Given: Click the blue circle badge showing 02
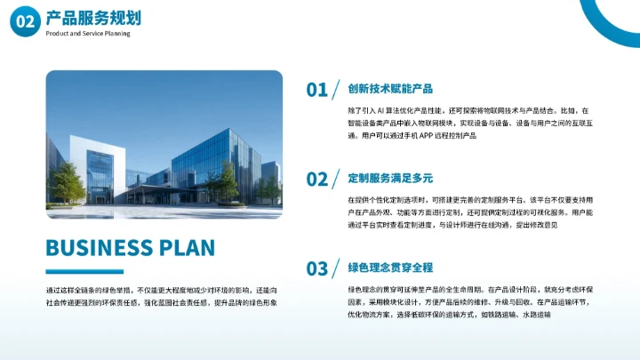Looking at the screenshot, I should coord(26,22).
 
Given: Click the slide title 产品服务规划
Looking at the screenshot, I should coord(92,18).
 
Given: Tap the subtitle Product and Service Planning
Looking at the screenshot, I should coord(87,34).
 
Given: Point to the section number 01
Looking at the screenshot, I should coord(317,90).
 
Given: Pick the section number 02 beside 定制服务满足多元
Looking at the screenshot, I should coord(317,180).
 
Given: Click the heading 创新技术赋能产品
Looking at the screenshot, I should coord(390,89).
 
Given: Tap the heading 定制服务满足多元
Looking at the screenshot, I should coord(390,178).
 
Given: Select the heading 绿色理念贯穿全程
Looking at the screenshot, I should coord(390,268).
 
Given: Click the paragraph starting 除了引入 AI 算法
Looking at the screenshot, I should coord(458,122).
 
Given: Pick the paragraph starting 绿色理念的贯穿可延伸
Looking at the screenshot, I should coord(458,302).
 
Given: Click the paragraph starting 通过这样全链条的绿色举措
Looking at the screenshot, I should coord(162,297).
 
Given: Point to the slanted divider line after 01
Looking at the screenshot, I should coord(337,89).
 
